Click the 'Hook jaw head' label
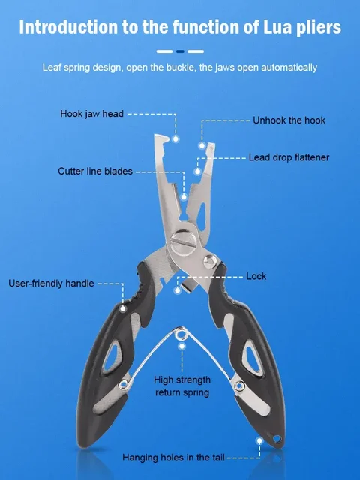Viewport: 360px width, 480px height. tap(91, 114)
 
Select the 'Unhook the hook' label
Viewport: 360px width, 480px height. tap(289, 120)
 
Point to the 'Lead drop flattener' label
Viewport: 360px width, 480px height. tap(289, 157)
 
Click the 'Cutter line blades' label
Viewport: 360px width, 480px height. tap(95, 171)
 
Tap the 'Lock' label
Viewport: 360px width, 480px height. tap(256, 276)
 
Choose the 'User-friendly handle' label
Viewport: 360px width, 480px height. tap(51, 283)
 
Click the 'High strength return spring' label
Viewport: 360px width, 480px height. tap(181, 385)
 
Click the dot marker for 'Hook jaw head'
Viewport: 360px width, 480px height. tap(175, 139)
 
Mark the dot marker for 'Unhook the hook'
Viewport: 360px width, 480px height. tap(201, 145)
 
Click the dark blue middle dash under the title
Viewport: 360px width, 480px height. tap(180, 52)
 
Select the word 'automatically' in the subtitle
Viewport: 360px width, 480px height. tap(289, 67)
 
